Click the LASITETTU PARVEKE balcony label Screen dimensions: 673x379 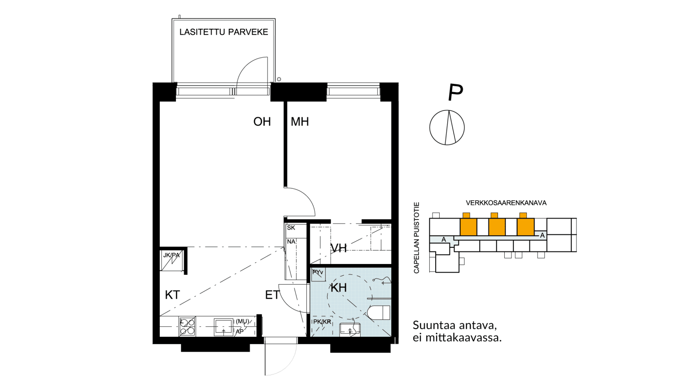pyautogui.click(x=223, y=32)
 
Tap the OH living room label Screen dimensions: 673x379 pyautogui.click(x=262, y=122)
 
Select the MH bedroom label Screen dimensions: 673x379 pyautogui.click(x=300, y=122)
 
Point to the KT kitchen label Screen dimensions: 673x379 pyautogui.click(x=172, y=295)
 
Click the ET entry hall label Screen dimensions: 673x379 pyautogui.click(x=272, y=295)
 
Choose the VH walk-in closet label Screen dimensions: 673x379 pyautogui.click(x=339, y=248)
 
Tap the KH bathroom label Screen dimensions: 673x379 pyautogui.click(x=339, y=288)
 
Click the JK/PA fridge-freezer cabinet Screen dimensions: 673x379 pyautogui.click(x=171, y=260)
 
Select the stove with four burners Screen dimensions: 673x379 pyautogui.click(x=187, y=326)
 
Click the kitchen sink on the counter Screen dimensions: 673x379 pyautogui.click(x=223, y=327)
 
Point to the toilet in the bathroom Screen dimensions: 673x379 pyautogui.click(x=379, y=313)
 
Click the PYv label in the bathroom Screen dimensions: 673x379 pyautogui.click(x=318, y=272)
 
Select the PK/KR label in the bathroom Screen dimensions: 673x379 pyautogui.click(x=322, y=322)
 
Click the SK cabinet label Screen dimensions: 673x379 pyautogui.click(x=291, y=228)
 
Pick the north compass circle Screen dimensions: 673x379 pyautogui.click(x=447, y=128)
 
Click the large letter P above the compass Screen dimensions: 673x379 pyautogui.click(x=455, y=93)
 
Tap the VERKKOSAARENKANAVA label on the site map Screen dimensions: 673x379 pyautogui.click(x=506, y=203)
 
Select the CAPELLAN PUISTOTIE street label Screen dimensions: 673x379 pyautogui.click(x=416, y=238)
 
